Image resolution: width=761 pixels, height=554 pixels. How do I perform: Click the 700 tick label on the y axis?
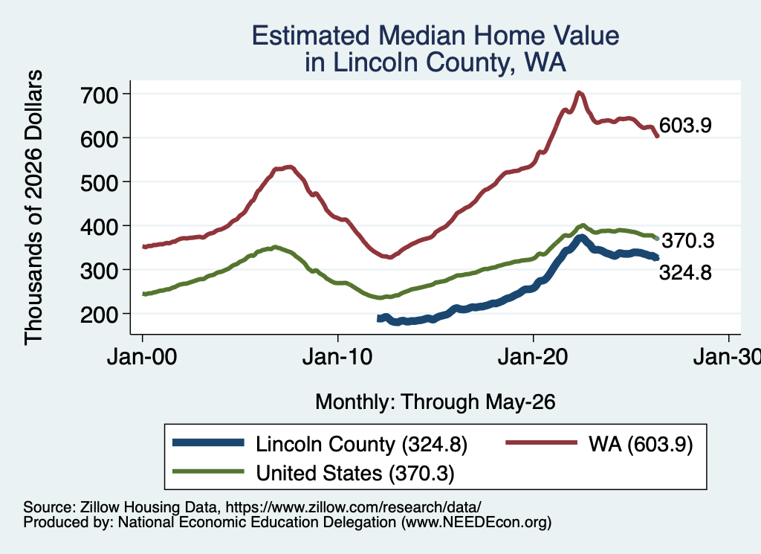click(99, 95)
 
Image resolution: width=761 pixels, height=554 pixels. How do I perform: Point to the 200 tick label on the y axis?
click(99, 315)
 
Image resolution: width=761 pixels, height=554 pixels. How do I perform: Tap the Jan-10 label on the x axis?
click(337, 358)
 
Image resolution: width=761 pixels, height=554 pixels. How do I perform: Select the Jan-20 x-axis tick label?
click(533, 358)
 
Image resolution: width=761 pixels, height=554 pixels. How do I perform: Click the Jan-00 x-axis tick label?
click(142, 358)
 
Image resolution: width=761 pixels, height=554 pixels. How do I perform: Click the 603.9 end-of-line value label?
click(685, 125)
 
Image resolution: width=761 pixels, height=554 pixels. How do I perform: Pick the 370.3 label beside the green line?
click(688, 240)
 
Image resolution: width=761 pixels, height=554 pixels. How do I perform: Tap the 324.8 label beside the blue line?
click(685, 273)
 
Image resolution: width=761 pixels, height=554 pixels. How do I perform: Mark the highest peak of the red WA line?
click(578, 93)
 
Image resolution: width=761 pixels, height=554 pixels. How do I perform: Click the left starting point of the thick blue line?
click(378, 318)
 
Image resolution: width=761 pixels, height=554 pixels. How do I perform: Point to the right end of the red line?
click(657, 136)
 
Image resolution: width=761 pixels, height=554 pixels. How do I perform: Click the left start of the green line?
click(143, 294)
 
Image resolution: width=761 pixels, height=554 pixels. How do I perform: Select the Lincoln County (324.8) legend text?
click(362, 444)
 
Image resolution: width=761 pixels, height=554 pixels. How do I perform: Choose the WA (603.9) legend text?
click(641, 444)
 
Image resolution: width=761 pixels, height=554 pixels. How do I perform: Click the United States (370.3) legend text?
click(355, 473)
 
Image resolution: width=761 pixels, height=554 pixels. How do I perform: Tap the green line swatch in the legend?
click(208, 471)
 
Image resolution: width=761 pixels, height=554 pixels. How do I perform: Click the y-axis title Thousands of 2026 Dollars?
click(33, 207)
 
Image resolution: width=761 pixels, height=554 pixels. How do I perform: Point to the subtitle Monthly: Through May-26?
click(435, 402)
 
